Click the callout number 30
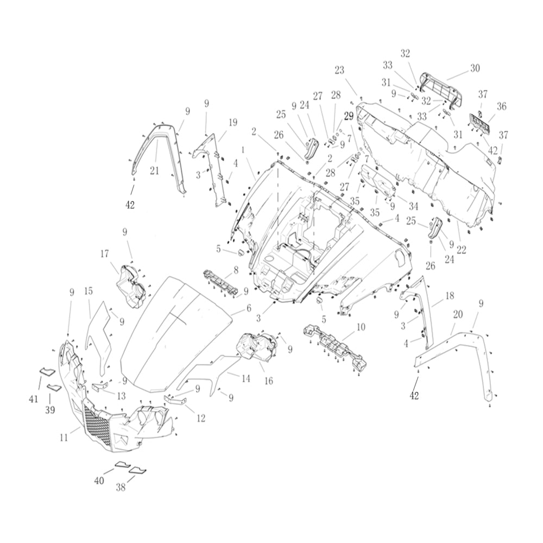[475, 68]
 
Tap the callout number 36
[501, 106]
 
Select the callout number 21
[154, 170]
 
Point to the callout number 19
[233, 122]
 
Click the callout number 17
[105, 254]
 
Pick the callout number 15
[89, 291]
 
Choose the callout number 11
[64, 438]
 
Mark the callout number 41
[33, 399]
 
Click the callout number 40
[99, 481]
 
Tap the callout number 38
[121, 488]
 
